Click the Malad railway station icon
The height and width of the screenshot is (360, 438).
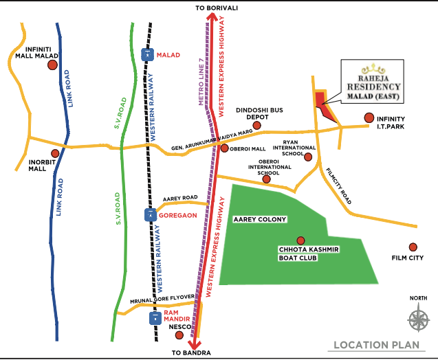pyautogui.click(x=146, y=54)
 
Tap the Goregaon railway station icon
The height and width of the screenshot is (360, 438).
pyautogui.click(x=149, y=215)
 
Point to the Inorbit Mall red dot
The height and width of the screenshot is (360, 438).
pyautogui.click(x=55, y=154)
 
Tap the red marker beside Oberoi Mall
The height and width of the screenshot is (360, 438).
pyautogui.click(x=224, y=148)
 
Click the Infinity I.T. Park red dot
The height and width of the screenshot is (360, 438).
pyautogui.click(x=369, y=118)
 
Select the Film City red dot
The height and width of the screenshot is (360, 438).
pyautogui.click(x=413, y=247)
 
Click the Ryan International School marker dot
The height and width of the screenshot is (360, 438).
pyautogui.click(x=308, y=157)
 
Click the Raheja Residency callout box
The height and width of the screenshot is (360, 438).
pyautogui.click(x=372, y=83)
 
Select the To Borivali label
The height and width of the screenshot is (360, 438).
pyautogui.click(x=219, y=7)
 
